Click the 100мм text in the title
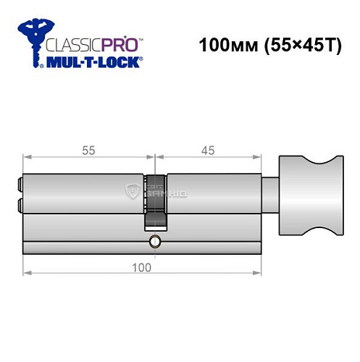(222, 45)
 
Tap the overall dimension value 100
(142, 267)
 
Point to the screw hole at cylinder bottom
(153, 240)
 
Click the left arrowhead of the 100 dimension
(26, 272)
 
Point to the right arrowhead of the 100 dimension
(259, 272)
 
